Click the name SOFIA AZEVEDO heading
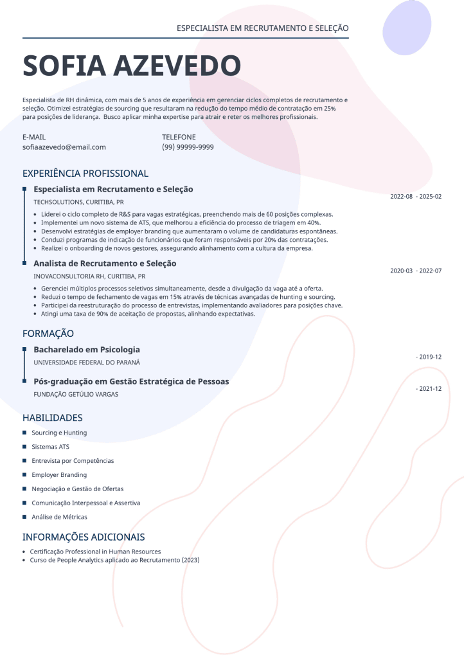tap(132, 66)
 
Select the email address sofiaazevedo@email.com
tap(64, 147)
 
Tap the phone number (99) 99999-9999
tap(188, 147)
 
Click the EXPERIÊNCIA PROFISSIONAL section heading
tap(85, 174)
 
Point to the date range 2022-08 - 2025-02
tap(416, 196)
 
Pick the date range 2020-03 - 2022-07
tap(416, 271)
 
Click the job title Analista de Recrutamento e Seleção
tap(105, 264)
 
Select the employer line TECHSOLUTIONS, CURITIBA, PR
tap(78, 202)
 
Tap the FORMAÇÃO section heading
tap(48, 334)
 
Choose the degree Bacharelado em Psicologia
tap(87, 350)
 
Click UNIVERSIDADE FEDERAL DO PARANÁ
tap(87, 363)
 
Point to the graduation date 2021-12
tap(429, 388)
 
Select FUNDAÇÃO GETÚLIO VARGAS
tap(76, 394)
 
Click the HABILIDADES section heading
tap(53, 418)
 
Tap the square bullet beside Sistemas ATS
tap(24, 447)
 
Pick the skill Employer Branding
tap(59, 475)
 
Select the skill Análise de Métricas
tap(59, 517)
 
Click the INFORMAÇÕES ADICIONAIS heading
tap(84, 537)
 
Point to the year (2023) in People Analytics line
tap(190, 560)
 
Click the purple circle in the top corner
tap(407, 28)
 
